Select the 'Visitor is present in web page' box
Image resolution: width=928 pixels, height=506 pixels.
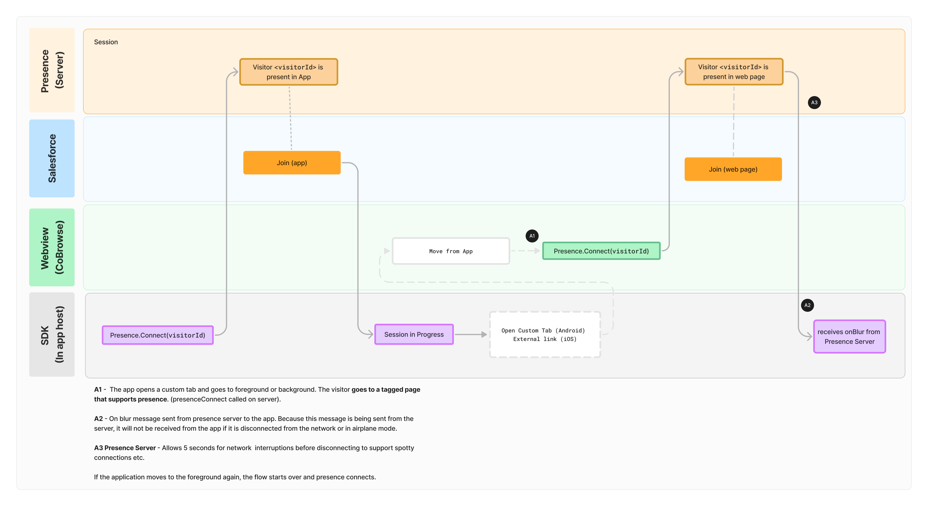(734, 72)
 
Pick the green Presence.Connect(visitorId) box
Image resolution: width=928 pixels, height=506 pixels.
(601, 251)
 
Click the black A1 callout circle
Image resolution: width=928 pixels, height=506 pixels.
(532, 236)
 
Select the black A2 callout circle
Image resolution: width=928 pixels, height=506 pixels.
(807, 305)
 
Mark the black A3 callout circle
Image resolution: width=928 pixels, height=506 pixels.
(814, 103)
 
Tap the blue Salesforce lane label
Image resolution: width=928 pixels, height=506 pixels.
(52, 159)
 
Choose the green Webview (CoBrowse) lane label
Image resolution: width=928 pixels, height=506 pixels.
(52, 247)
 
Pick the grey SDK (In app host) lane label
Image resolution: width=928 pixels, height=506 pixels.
(52, 334)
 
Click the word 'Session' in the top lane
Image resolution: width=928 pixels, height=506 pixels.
(105, 42)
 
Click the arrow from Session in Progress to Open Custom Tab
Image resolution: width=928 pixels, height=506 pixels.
(470, 334)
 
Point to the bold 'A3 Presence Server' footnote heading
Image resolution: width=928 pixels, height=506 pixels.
(125, 448)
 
